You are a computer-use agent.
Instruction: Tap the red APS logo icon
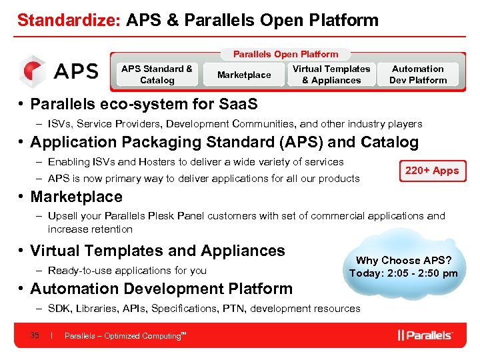pos(32,71)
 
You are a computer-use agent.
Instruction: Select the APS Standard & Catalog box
pos(157,75)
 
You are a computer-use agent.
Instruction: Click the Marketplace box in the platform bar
pos(244,75)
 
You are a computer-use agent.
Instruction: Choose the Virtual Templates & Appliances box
pos(331,75)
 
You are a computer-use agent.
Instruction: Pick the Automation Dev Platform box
pos(418,75)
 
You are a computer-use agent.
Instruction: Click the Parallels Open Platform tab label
pos(285,54)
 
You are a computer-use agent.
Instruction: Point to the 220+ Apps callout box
pos(432,171)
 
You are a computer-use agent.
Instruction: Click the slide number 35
pos(35,335)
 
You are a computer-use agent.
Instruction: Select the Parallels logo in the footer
pos(425,335)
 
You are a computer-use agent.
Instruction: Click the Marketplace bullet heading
pos(76,197)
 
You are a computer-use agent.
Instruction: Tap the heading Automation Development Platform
pos(161,289)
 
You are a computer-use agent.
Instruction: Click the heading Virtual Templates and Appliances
pos(157,251)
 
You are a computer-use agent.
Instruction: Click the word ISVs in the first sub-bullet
pos(61,124)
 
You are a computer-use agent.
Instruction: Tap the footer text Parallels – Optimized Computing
pos(123,336)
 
